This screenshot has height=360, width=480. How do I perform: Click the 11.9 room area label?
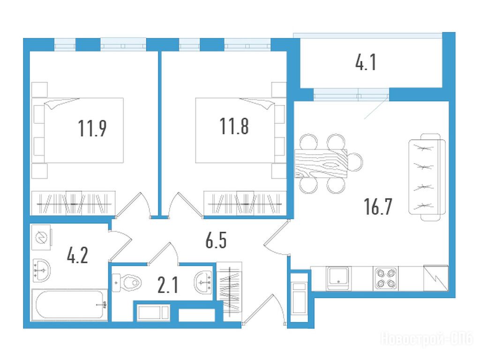[x=92, y=128]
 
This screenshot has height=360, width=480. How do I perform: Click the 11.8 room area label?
[x=234, y=126]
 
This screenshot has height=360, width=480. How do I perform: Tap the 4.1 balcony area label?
[x=366, y=62]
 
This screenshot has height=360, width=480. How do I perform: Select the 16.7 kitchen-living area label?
[x=378, y=206]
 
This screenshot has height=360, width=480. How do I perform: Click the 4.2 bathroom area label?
[x=77, y=255]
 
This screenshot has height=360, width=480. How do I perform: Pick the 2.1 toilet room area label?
[x=168, y=285]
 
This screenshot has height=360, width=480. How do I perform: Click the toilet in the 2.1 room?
[x=127, y=283]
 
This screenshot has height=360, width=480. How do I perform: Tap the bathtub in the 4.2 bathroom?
[x=70, y=305]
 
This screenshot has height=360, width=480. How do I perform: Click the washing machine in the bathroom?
[x=42, y=238]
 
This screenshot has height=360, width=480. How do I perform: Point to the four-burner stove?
[x=386, y=278]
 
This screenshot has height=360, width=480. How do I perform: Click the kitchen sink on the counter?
[x=338, y=278]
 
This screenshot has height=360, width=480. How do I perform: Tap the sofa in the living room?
[x=427, y=177]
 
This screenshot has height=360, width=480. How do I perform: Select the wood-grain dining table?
[x=321, y=164]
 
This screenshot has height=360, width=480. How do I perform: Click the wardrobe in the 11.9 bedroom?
[x=74, y=203]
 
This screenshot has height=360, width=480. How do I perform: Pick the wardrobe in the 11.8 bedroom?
[x=245, y=203]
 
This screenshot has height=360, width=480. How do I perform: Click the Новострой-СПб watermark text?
[x=427, y=339]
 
